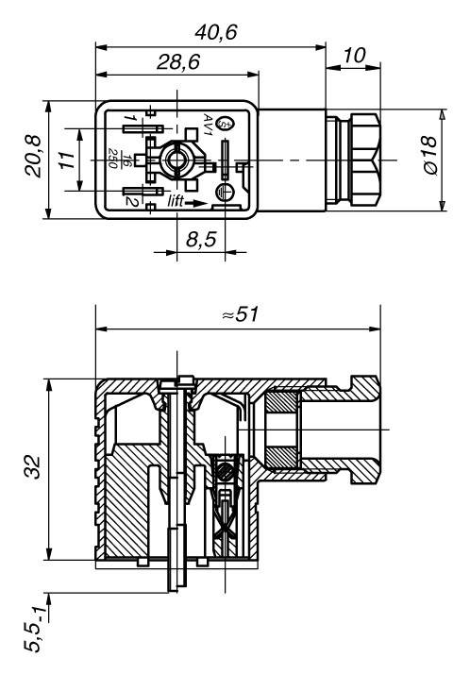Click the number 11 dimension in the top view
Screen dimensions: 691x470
point(65,161)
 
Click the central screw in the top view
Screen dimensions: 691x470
point(176,158)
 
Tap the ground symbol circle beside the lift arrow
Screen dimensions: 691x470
point(224,193)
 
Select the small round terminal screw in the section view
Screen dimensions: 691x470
point(225,468)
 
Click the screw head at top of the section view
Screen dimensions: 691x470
point(176,382)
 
